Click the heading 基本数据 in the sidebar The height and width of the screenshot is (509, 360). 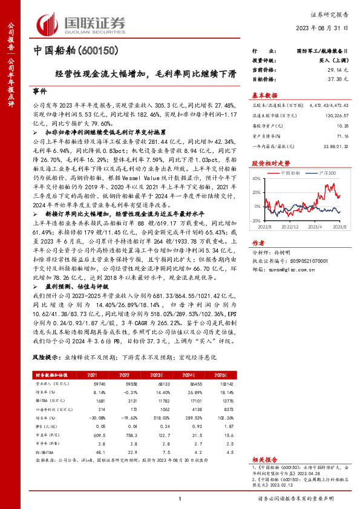264,94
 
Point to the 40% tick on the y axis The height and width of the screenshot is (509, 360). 257,178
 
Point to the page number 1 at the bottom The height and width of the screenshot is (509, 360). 180,498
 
